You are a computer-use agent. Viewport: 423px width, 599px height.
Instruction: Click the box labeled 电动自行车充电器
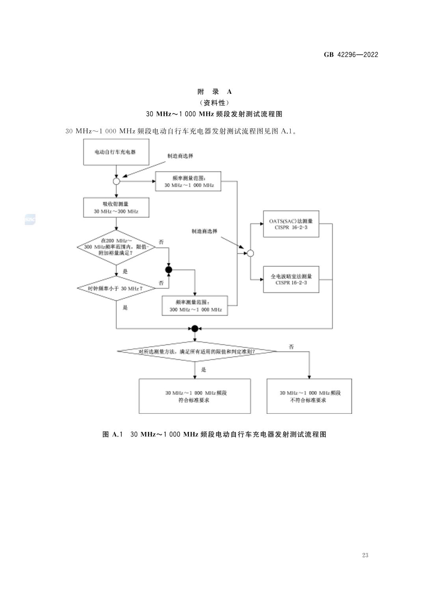tap(116, 152)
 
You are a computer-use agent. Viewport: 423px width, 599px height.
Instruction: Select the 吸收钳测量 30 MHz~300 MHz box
tap(116, 208)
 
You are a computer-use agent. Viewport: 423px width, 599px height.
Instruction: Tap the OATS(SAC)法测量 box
tap(291, 224)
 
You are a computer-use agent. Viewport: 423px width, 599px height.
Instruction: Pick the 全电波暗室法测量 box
tap(291, 279)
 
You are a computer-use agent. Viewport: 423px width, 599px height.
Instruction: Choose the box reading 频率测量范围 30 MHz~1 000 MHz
tap(188, 181)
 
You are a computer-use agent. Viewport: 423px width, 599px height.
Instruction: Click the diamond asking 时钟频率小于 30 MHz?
tap(116, 288)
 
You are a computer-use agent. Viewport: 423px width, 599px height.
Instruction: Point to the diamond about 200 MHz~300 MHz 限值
tap(116, 247)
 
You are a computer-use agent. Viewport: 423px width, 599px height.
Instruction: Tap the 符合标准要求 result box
tap(195, 396)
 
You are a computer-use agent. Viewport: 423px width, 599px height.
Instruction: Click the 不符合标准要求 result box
tap(309, 396)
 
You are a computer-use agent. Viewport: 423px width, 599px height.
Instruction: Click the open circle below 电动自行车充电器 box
tap(116, 181)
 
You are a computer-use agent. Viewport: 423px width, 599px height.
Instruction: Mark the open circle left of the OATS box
tap(250, 253)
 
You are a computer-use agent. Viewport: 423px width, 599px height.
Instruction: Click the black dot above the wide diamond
tap(195, 328)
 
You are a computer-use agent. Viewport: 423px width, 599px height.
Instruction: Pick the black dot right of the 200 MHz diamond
tap(169, 270)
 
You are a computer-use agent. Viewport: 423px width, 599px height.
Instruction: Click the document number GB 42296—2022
tap(351, 55)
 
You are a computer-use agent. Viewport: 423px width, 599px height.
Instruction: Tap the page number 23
tap(365, 555)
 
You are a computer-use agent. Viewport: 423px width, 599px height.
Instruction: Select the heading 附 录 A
tap(215, 92)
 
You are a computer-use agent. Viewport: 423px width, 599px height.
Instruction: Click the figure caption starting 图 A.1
tap(215, 434)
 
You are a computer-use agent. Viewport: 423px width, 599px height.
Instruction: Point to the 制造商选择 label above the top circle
tap(180, 156)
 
